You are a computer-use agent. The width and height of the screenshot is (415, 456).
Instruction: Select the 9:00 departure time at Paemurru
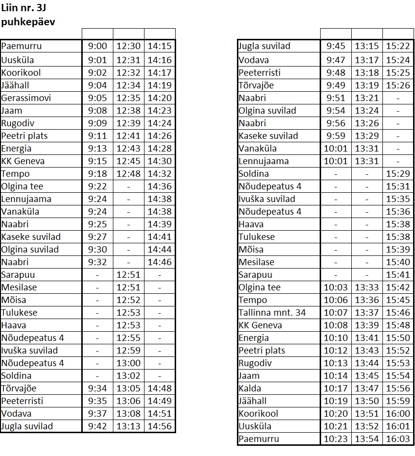coord(97,47)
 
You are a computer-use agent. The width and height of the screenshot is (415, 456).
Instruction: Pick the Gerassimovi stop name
coord(26,98)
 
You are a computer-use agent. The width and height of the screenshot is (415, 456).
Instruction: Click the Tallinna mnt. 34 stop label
coord(272,313)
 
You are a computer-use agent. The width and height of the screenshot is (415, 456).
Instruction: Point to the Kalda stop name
coord(250,388)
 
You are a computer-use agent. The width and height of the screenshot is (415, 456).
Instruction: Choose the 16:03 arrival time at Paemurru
coord(397,439)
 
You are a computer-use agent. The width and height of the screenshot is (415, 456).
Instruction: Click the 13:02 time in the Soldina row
coord(128,376)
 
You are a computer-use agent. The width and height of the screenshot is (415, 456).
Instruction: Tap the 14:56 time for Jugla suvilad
coord(160,426)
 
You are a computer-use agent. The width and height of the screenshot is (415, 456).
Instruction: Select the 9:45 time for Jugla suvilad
coord(336,47)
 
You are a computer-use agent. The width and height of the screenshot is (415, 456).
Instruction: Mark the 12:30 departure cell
coord(128,47)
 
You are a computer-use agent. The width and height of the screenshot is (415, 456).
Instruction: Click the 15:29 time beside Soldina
coord(397,174)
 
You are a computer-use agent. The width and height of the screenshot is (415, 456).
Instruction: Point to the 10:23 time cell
coord(336,439)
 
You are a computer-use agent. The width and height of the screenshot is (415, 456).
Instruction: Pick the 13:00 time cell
coord(128,363)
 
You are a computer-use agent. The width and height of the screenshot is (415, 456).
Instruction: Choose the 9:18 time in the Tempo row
coord(97,174)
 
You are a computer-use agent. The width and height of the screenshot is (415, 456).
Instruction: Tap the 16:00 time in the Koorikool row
coord(397,414)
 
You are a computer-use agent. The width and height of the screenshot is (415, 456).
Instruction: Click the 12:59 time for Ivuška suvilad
coord(128,351)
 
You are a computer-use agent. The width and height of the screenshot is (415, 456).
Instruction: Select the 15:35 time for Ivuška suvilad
coord(397,199)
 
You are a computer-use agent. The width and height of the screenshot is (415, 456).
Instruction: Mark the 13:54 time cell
coord(367,439)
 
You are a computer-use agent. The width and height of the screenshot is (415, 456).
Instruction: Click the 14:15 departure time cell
coord(160,47)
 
